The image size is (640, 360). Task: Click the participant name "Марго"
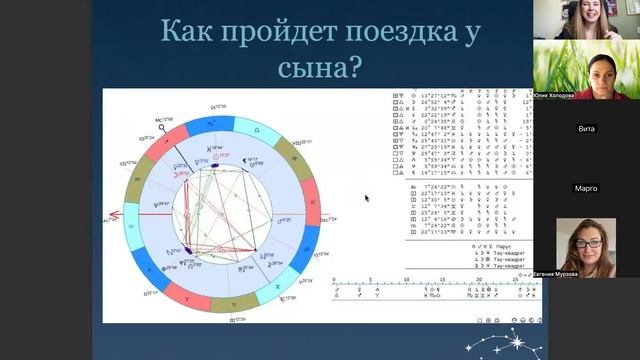[x=587, y=187]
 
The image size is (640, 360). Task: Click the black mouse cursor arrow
[x=367, y=198]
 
